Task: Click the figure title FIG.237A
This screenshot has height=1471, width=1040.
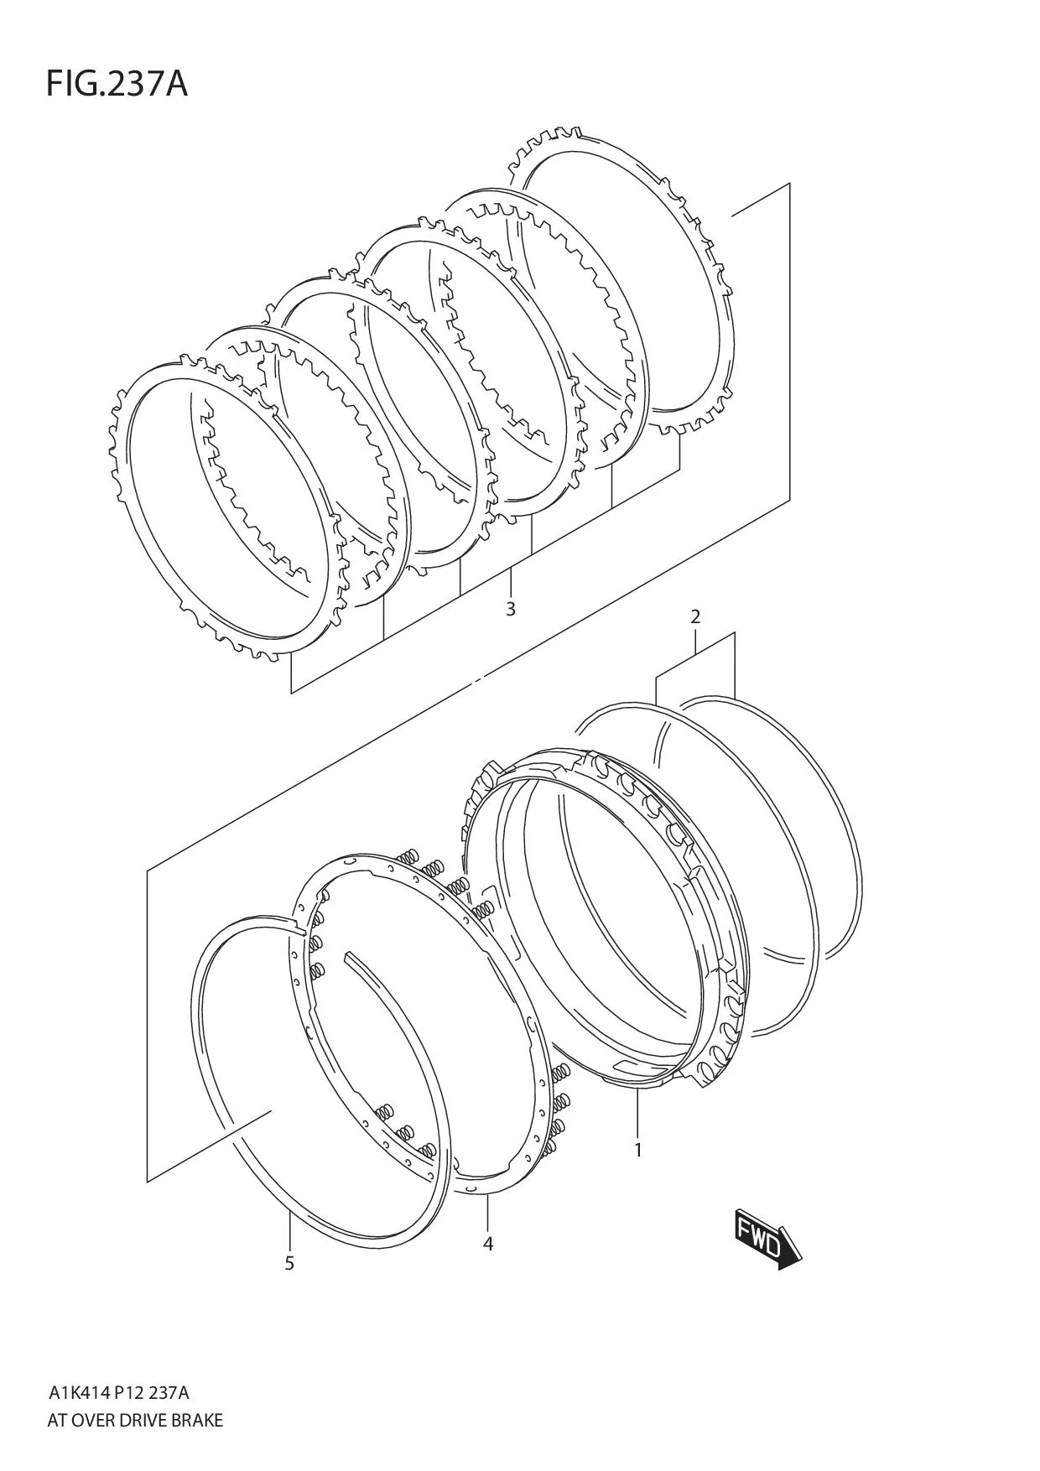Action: pyautogui.click(x=117, y=84)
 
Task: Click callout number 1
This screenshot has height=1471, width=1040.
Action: pyautogui.click(x=637, y=1151)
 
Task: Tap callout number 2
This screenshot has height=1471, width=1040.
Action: pyautogui.click(x=695, y=617)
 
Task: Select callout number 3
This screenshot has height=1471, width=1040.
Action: pyautogui.click(x=511, y=609)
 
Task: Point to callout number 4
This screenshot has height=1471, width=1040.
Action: pyautogui.click(x=488, y=1244)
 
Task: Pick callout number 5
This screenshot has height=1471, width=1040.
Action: pyautogui.click(x=289, y=1263)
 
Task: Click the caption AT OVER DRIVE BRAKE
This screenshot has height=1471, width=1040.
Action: pyautogui.click(x=136, y=1421)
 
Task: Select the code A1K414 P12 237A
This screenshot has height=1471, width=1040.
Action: pyautogui.click(x=119, y=1394)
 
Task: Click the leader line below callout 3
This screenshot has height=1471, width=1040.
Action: pyautogui.click(x=511, y=582)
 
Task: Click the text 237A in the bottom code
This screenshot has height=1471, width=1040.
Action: pyautogui.click(x=174, y=1394)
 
